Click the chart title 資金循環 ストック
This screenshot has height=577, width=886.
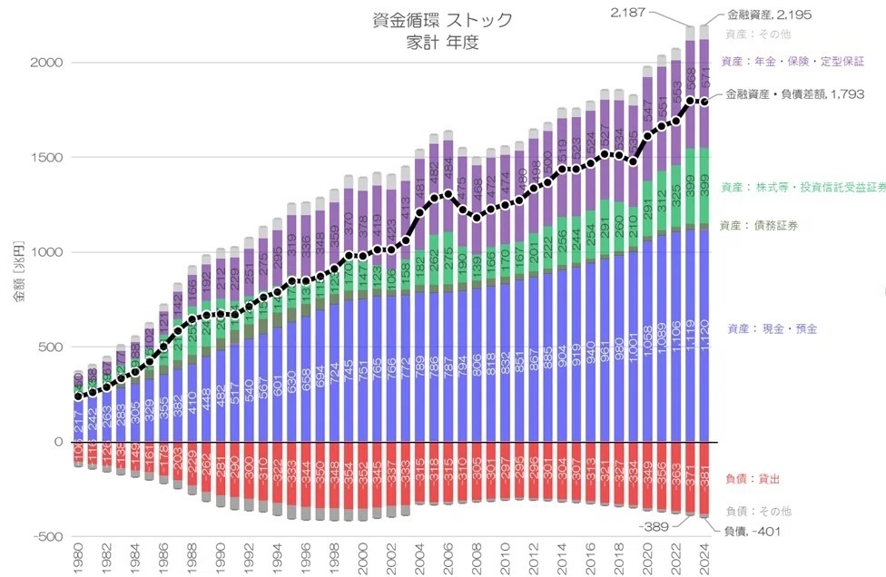[442, 19]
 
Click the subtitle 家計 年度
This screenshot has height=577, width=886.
[442, 42]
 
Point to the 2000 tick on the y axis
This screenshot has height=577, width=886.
[47, 63]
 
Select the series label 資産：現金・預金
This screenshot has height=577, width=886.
[772, 328]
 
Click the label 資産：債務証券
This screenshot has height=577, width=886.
[759, 225]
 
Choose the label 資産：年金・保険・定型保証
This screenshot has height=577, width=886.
[791, 62]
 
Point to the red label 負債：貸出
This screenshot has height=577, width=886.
[749, 478]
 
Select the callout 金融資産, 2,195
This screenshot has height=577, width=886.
[769, 15]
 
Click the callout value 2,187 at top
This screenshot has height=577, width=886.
[627, 12]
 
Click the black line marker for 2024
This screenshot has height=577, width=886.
[704, 102]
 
